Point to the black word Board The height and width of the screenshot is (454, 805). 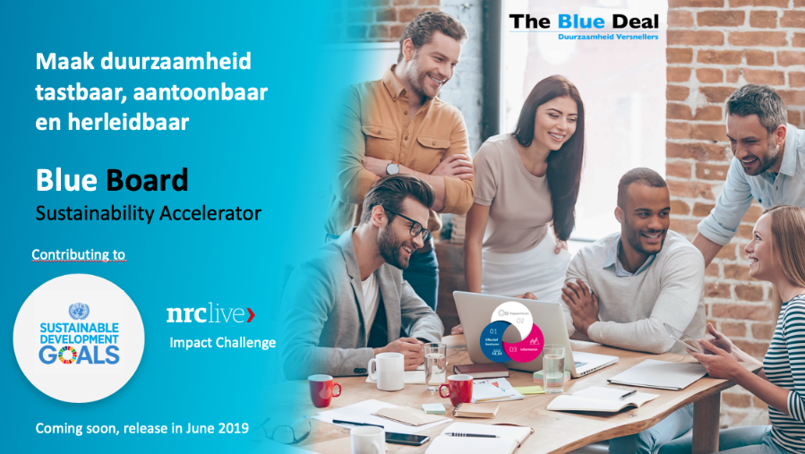coord(147,180)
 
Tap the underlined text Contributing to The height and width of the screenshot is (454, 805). coord(79,255)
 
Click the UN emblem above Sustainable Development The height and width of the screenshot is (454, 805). coord(79,312)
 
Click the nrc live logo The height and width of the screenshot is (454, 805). coord(210,314)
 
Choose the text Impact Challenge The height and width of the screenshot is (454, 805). coord(223,343)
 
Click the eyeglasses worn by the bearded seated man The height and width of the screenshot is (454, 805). coord(409,225)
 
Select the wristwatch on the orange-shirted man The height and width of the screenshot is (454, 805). coord(392,168)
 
